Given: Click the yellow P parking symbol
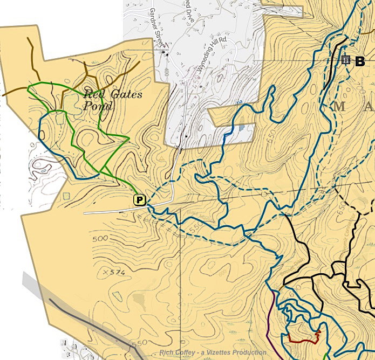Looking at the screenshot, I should point(140,200).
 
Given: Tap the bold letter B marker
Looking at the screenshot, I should point(360,61).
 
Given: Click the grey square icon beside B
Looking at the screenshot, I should point(346,60).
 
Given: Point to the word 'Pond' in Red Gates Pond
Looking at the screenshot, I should point(98,106).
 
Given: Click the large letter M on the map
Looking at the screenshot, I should point(339,106).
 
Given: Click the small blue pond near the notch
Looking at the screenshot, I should point(242,128).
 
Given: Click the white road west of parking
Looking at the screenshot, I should point(108,212).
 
